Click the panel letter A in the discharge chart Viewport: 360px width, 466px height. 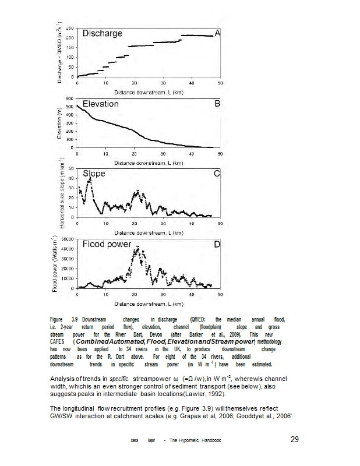[217, 34]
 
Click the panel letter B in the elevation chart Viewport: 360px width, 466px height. [217, 104]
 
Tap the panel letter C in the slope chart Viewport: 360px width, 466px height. [217, 174]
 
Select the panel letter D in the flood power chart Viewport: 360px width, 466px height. [217, 244]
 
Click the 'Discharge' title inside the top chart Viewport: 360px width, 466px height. [103, 34]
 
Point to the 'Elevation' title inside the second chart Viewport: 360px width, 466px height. [101, 104]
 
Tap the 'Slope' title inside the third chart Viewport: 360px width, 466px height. [94, 174]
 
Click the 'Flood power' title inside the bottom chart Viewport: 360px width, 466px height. [107, 244]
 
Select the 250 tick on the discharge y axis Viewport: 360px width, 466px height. [69, 28]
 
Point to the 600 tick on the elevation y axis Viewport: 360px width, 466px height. [69, 98]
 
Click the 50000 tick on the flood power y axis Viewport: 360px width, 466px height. [66, 239]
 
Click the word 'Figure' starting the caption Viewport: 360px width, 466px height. [57, 320]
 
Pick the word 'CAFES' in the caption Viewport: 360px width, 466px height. [58, 342]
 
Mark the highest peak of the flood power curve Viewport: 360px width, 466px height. [137, 248]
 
